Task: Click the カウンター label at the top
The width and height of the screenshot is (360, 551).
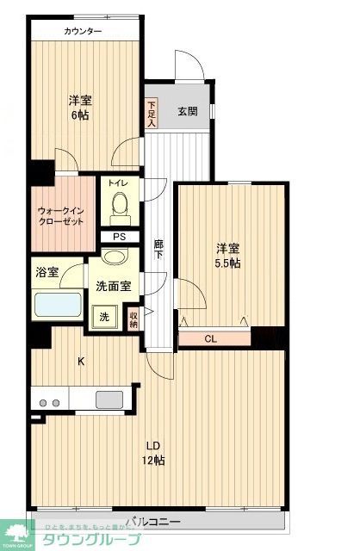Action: pos(83,32)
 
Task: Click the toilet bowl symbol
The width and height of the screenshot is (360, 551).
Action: pos(119,207)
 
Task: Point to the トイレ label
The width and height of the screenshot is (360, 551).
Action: pos(118,183)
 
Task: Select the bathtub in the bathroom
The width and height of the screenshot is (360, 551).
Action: pos(57,306)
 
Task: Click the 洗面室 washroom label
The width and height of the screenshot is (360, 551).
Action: pos(112,285)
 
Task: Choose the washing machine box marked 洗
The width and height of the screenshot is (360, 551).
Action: pos(105,317)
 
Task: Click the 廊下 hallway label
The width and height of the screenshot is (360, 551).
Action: pos(158,250)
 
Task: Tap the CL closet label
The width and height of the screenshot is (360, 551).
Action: pos(210,338)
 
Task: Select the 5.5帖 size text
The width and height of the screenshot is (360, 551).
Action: pos(227,263)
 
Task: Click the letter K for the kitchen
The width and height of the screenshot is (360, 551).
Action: pos(82,362)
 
